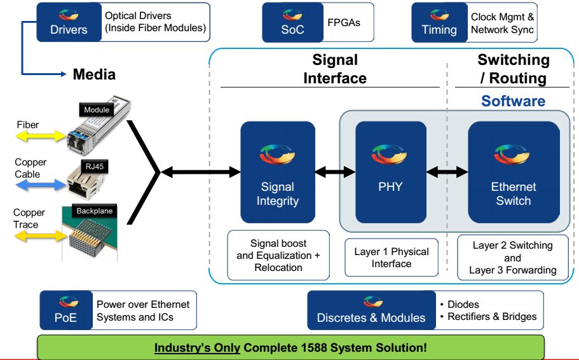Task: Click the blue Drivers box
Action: pos(69,22)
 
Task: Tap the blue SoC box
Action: pos(292,22)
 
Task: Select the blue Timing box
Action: pos(439,22)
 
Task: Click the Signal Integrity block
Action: pos(278,172)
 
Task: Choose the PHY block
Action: pos(390,172)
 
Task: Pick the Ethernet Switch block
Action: pos(514,172)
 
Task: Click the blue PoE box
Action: pos(65,309)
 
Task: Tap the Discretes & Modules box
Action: pos(371,310)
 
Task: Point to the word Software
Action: pos(513,101)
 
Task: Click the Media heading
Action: pos(94,74)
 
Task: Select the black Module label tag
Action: pos(97,110)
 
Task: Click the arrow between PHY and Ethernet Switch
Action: pos(447,172)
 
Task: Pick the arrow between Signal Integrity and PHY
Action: pos(335,172)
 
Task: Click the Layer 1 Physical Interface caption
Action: pos(391,258)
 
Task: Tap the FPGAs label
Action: pos(344,22)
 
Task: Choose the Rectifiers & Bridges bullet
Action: pos(492,316)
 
